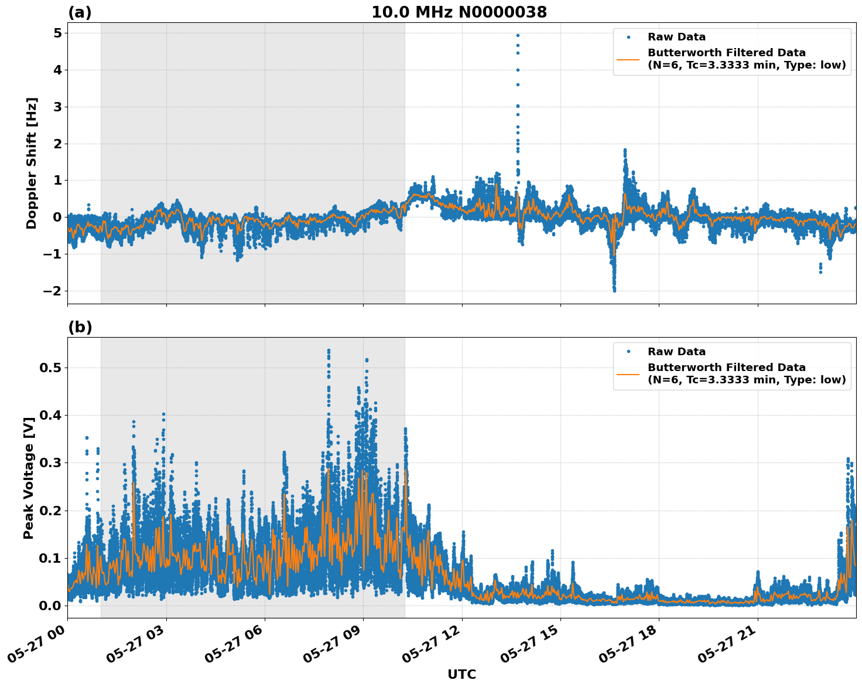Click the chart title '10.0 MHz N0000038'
[459, 12]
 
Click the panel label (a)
[80, 12]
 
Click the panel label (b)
[80, 327]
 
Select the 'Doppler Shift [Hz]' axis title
[32, 163]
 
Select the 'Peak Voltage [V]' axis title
[29, 474]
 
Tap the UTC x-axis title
[461, 674]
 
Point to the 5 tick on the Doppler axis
[57, 33]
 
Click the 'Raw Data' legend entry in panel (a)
[676, 37]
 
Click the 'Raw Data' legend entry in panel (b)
[676, 352]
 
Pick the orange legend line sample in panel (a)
[628, 59]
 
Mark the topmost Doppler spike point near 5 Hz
[518, 35]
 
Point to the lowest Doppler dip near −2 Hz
[614, 290]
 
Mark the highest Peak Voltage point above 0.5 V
[329, 351]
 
